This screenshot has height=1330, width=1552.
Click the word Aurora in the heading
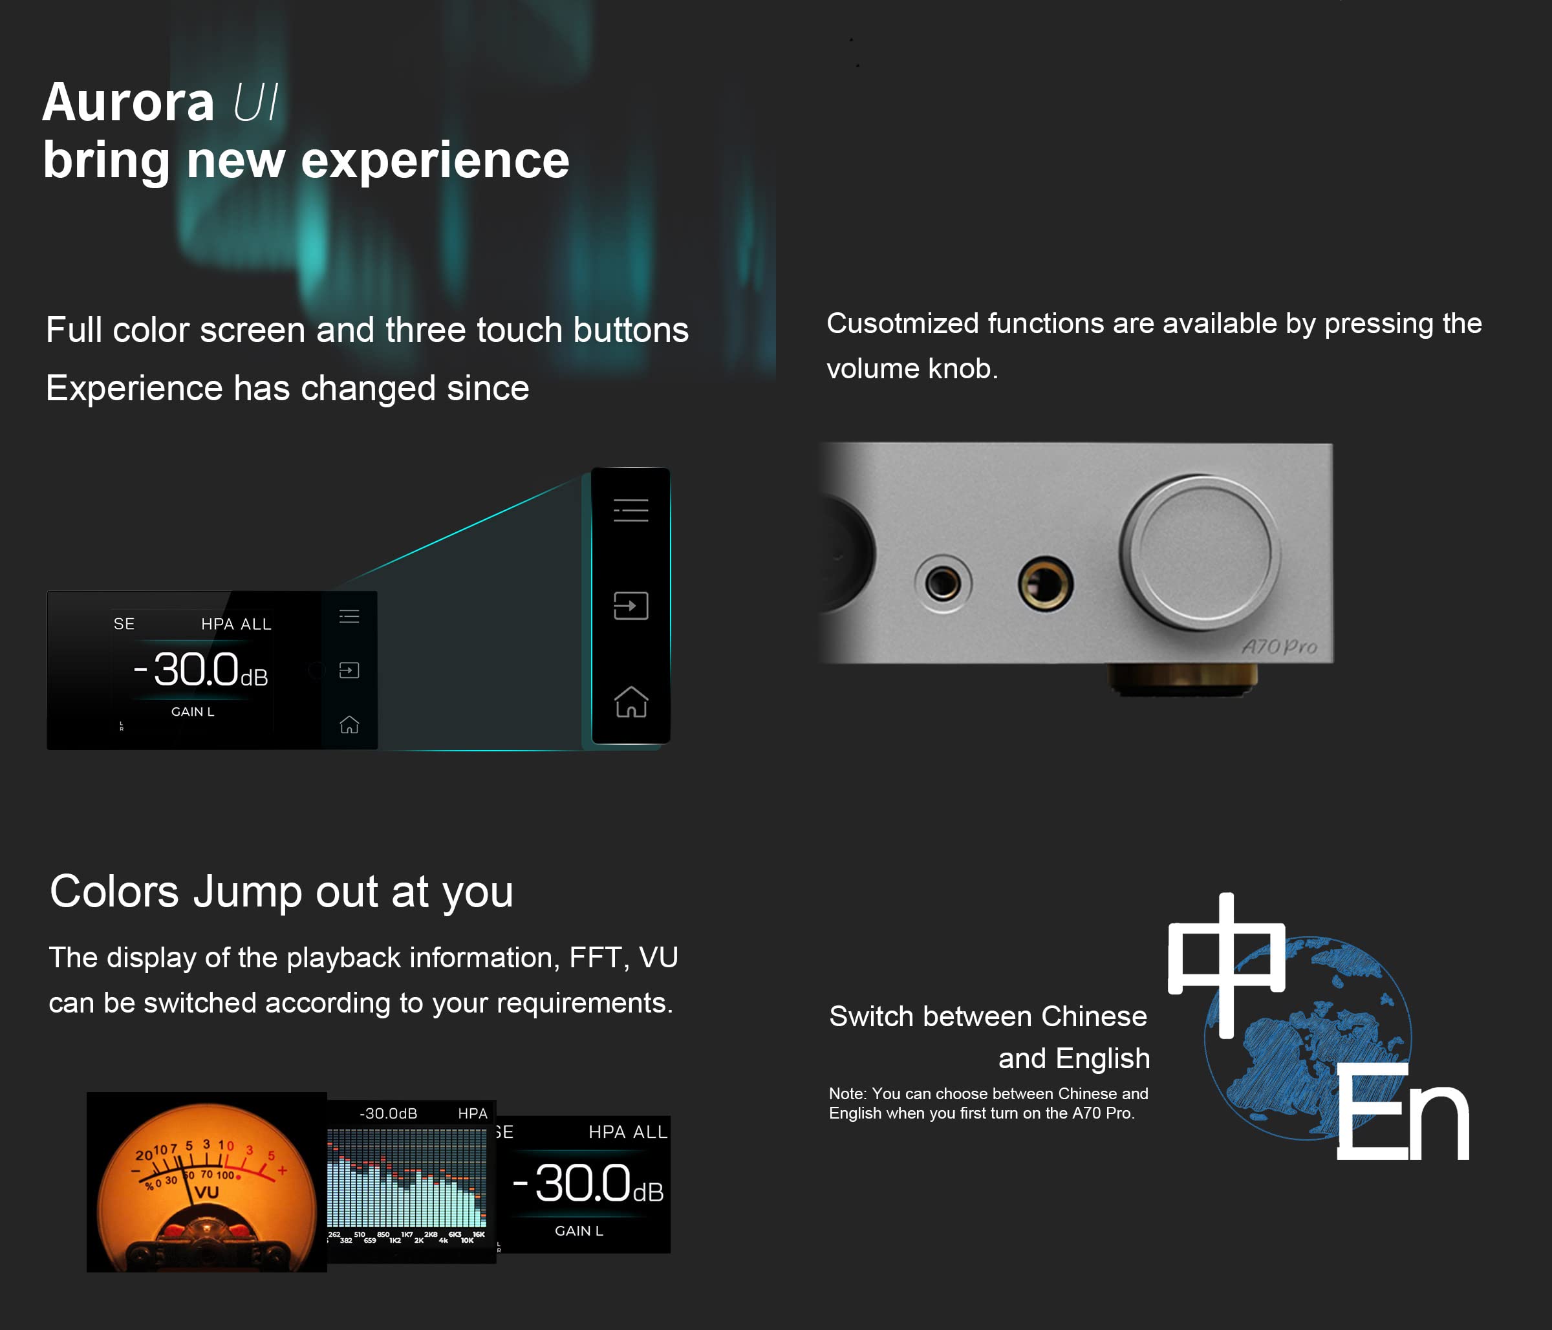[x=128, y=103]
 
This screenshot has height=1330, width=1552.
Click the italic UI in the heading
[x=255, y=103]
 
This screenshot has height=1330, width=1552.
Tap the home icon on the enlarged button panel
[x=630, y=702]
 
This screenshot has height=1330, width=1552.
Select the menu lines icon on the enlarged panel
[x=630, y=510]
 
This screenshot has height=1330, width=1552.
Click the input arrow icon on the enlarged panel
[x=630, y=605]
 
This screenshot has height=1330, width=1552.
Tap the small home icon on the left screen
[x=349, y=724]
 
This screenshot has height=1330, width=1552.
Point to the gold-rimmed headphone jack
[x=1045, y=584]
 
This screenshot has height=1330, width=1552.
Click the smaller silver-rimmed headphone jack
[x=942, y=582]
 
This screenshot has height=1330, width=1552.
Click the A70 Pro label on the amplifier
[x=1279, y=647]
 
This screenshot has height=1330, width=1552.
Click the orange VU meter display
[x=207, y=1182]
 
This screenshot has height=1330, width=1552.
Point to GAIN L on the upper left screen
[x=193, y=711]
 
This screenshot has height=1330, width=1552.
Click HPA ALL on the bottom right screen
[x=628, y=1132]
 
